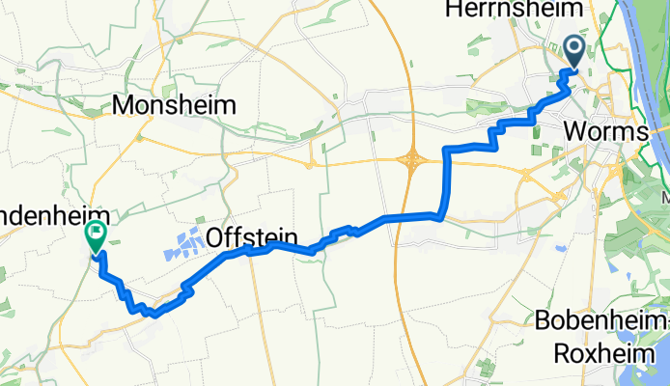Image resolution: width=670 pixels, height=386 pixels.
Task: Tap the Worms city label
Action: tap(604, 129)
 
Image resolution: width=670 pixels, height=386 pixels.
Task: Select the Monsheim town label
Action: tap(176, 105)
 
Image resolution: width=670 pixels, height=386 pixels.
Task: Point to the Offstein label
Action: tap(250, 237)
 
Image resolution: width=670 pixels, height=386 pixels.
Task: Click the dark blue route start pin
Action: tap(574, 50)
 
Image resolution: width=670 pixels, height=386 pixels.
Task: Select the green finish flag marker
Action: tap(97, 234)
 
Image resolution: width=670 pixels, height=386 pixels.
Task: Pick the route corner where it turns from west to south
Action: tap(447, 149)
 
